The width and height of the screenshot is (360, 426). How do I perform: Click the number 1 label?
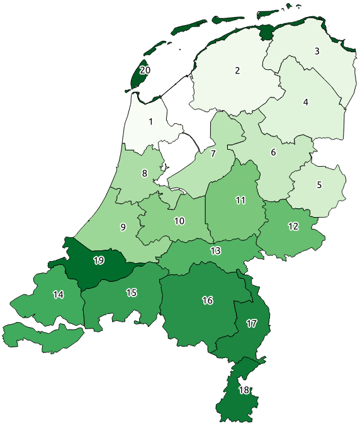151,121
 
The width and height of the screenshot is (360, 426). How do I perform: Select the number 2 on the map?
237,70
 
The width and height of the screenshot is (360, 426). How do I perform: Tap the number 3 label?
317,51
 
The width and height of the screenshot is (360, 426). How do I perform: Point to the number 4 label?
306,102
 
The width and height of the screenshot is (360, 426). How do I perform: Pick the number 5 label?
319,185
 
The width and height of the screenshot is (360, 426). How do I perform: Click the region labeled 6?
273,152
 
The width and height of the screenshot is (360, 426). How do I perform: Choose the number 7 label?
213,154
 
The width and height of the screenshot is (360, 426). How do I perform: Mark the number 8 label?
145,174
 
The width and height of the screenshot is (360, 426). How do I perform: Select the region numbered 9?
123,227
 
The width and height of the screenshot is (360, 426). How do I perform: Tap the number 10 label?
179,221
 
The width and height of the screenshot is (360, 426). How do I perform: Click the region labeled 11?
240,201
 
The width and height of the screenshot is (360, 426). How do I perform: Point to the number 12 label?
293,227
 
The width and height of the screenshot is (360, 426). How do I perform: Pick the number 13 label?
216,250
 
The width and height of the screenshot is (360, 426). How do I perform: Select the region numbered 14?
59,294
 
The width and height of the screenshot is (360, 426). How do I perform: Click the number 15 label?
131,293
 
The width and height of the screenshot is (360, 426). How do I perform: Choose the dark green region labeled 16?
207,300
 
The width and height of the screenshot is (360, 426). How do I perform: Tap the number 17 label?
252,324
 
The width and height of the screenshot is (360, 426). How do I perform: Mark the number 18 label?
244,390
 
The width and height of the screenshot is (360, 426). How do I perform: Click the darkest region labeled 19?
98,260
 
